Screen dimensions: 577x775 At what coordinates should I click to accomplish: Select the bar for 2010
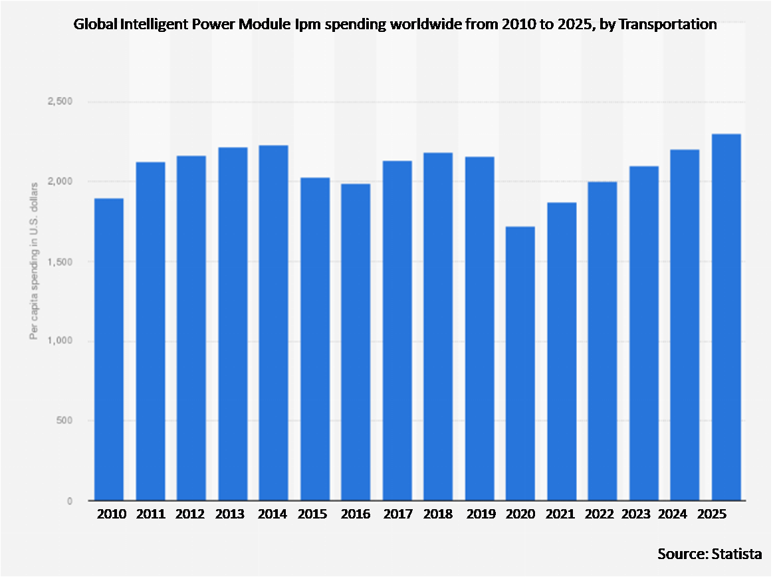(109, 349)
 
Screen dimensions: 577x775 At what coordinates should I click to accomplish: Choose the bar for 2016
(356, 342)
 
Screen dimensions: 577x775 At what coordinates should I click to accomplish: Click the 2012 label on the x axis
(191, 515)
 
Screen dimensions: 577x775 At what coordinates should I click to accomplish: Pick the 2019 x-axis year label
(479, 515)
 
